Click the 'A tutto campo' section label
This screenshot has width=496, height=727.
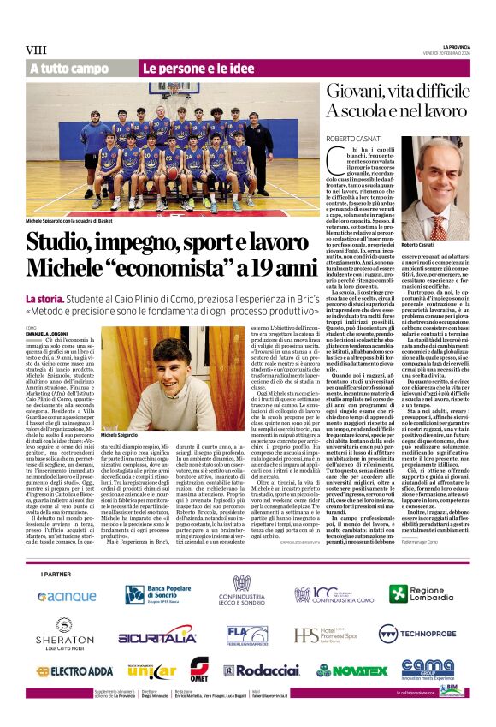click(x=69, y=68)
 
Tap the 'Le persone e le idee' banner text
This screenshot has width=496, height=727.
click(x=186, y=68)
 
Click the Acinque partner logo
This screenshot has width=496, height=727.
click(x=67, y=594)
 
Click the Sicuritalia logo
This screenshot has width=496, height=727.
click(x=157, y=635)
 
